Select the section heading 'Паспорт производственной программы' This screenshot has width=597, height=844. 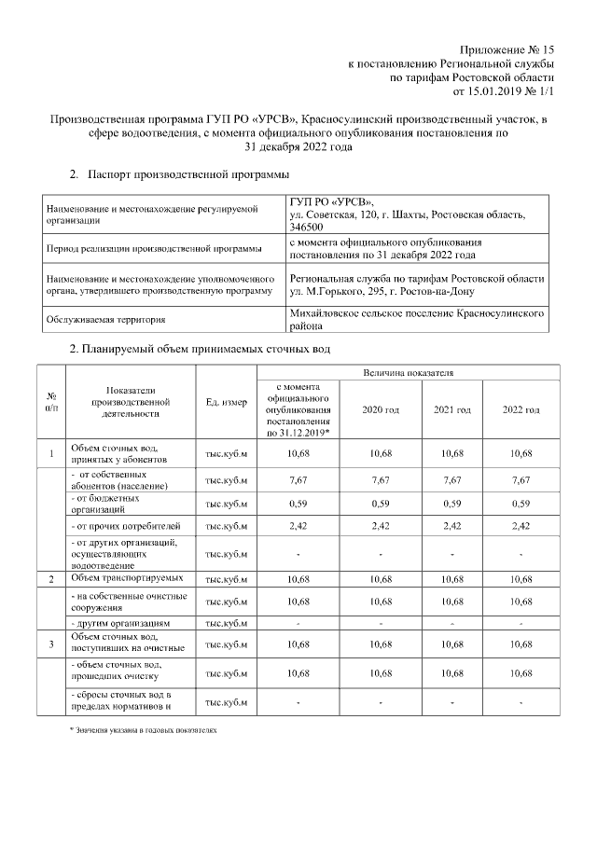point(175,175)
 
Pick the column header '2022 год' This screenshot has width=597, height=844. point(521,410)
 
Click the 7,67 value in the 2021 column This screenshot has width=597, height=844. point(451,480)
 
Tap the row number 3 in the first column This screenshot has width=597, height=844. point(50,643)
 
